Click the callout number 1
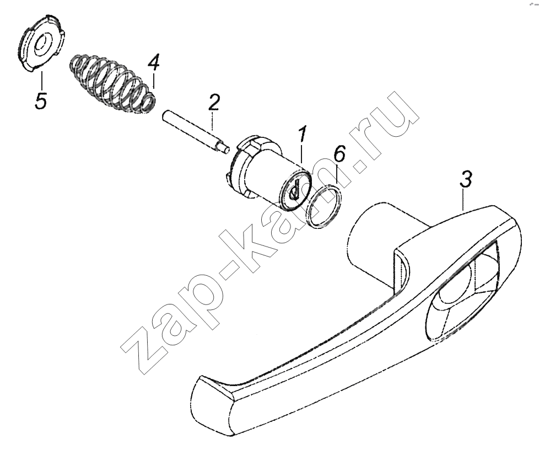pos(302,135)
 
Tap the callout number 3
pos(466,179)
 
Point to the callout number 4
pos(153,63)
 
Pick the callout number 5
pos(41,100)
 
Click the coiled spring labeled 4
pos(113,83)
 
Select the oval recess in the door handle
pos(462,291)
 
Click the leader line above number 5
pos(41,80)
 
